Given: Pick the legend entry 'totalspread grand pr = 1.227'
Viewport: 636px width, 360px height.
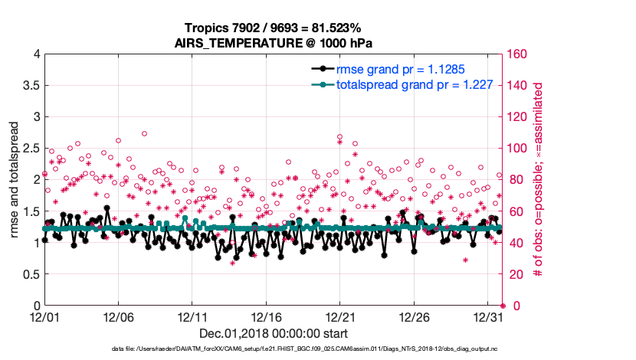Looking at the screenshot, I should pyautogui.click(x=404, y=84).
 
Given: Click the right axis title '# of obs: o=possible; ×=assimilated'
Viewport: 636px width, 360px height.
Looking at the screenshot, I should pyautogui.click(x=539, y=179).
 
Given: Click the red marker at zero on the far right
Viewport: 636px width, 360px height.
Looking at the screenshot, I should pyautogui.click(x=503, y=306).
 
